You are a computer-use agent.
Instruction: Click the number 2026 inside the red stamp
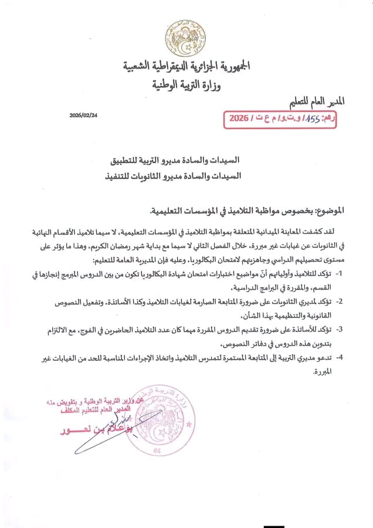click(x=238, y=118)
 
